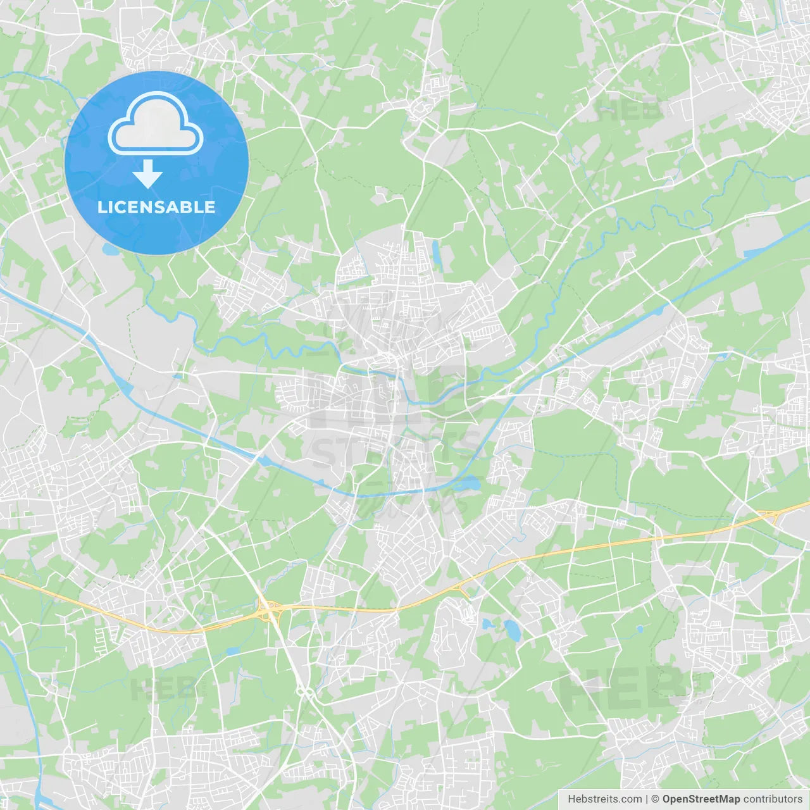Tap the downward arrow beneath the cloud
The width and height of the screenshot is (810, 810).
pyautogui.click(x=147, y=174)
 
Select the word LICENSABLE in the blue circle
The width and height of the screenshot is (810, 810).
pyautogui.click(x=156, y=207)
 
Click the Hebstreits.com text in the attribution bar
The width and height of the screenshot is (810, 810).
pyautogui.click(x=604, y=799)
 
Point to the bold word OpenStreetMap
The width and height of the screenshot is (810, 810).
pyautogui.click(x=701, y=799)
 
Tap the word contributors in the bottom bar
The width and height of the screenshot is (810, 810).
pyautogui.click(x=772, y=799)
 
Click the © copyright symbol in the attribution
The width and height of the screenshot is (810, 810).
pyautogui.click(x=655, y=799)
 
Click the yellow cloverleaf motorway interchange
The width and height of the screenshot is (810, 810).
pyautogui.click(x=270, y=610)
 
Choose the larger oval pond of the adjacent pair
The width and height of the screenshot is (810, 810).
pyautogui.click(x=512, y=629)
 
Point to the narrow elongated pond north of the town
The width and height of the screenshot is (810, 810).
pyautogui.click(x=435, y=252)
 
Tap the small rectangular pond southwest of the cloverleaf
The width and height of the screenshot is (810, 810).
pyautogui.click(x=232, y=651)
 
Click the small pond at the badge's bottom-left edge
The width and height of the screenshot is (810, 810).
pyautogui.click(x=111, y=249)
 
